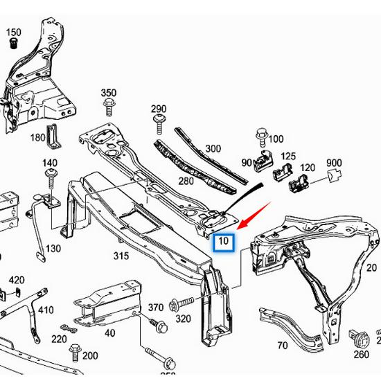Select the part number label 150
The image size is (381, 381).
[14, 33]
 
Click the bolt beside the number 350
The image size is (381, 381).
[109, 107]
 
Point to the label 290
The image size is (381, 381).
[159, 109]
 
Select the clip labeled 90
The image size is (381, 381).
[262, 162]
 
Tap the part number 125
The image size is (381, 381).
[288, 157]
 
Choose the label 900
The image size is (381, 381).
[335, 163]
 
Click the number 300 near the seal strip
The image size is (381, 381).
[213, 148]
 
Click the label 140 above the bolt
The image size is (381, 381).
[50, 163]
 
